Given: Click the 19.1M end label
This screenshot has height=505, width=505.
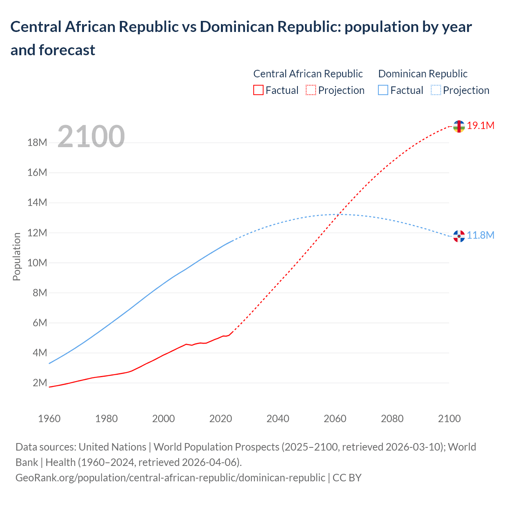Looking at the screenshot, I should [481, 126].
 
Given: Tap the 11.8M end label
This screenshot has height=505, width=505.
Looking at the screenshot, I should [481, 236].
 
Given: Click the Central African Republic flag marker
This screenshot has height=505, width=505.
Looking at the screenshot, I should [459, 127].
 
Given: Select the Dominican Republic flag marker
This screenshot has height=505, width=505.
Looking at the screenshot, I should [459, 236].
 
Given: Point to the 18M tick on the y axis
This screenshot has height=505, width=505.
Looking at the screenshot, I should [37, 142].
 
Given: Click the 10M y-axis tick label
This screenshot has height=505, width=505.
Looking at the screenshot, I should [37, 263].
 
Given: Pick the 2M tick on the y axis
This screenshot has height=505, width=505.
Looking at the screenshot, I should [39, 383].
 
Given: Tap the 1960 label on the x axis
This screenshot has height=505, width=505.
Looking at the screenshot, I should [49, 419].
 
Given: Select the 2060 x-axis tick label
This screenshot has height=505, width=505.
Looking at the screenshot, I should [335, 419].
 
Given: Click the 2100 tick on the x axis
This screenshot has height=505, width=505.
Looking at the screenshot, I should [449, 419].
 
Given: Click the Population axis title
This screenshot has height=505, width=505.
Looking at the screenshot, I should [17, 256].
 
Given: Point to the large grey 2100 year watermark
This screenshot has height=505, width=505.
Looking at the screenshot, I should [91, 137].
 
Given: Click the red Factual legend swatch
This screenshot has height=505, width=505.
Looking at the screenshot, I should [258, 90].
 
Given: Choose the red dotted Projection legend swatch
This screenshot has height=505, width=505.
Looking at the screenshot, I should [311, 90].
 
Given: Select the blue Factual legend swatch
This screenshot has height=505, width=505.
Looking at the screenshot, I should [383, 90].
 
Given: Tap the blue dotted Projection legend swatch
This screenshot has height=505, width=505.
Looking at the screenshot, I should [436, 90].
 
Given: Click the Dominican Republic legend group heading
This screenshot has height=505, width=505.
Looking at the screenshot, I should [423, 74].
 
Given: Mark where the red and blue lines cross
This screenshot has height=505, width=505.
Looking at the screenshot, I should [339, 214].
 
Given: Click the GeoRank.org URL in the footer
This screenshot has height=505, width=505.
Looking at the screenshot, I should [170, 478].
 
